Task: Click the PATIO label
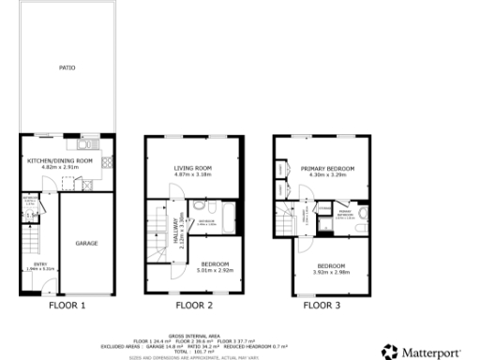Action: click(x=67, y=67)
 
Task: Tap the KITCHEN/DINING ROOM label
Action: click(x=60, y=160)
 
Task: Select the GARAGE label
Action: click(x=86, y=243)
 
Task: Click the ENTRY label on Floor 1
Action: click(x=40, y=264)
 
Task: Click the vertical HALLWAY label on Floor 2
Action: click(x=174, y=227)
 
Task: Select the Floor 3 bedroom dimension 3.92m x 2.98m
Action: click(x=330, y=271)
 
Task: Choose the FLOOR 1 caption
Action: click(x=67, y=305)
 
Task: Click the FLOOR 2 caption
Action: click(x=194, y=305)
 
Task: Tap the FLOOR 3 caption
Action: click(x=322, y=305)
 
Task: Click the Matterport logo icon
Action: click(x=390, y=351)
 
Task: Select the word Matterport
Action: click(x=431, y=352)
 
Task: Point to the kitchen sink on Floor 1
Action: click(x=83, y=145)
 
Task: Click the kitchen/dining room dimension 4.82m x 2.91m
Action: click(x=60, y=167)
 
